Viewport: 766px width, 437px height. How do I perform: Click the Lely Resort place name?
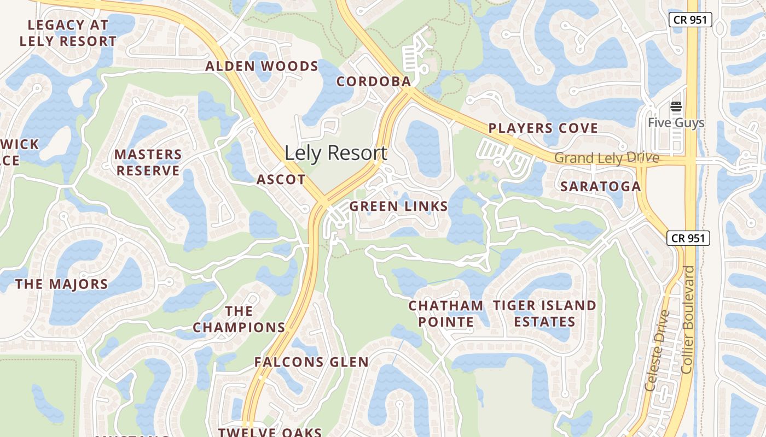335,153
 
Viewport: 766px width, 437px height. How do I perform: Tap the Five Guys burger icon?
676,107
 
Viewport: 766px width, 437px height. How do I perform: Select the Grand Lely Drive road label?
607,158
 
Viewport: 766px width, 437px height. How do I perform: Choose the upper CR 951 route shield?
690,20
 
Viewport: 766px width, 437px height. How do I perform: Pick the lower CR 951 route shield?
688,238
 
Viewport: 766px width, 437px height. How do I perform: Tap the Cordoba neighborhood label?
373,81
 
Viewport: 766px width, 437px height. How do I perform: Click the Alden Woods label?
262,67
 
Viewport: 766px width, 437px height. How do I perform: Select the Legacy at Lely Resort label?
68,33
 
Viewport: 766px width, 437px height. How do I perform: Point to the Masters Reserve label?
148,163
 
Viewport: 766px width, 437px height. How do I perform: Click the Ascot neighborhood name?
281,180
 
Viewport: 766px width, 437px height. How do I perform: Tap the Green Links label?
398,206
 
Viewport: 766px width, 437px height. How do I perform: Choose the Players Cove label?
543,128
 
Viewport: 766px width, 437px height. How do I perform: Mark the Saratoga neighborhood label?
600,186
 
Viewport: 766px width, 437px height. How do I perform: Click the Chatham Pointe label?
446,314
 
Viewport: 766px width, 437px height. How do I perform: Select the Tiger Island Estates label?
544,314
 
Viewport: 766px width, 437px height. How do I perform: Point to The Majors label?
62,284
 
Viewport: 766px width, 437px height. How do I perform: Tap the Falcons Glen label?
311,362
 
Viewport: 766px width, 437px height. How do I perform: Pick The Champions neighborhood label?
239,320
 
